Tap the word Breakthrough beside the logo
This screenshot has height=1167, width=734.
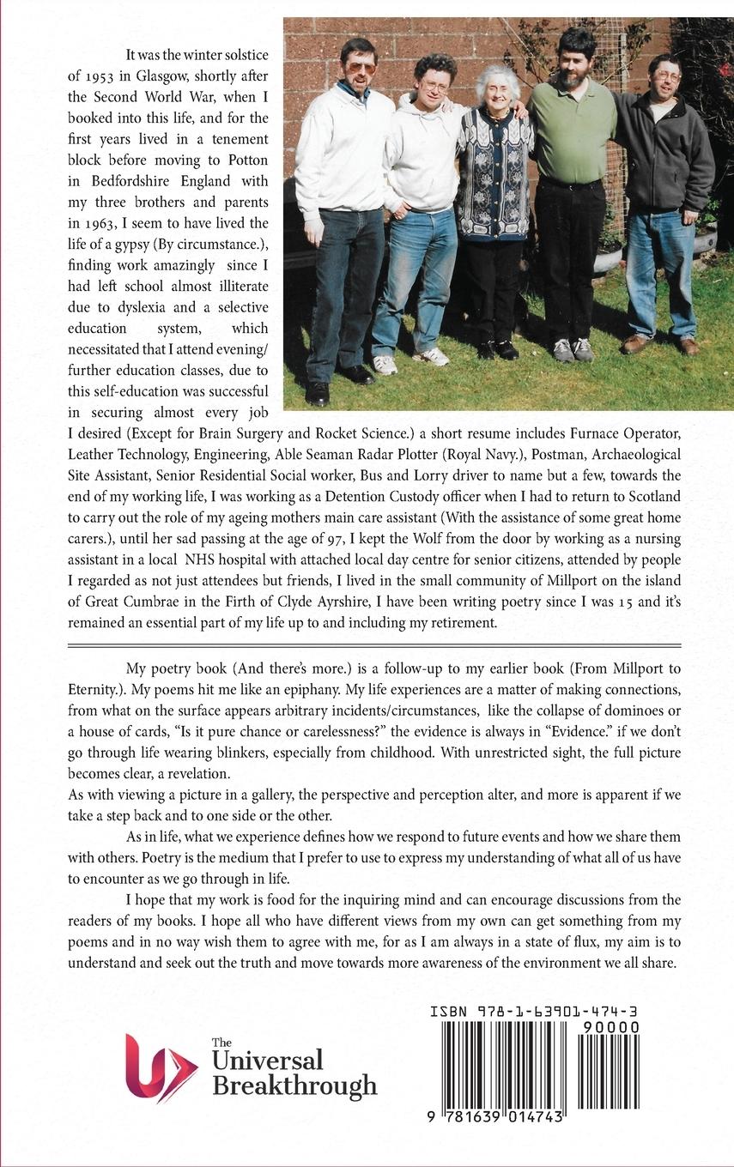[294, 1085]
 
